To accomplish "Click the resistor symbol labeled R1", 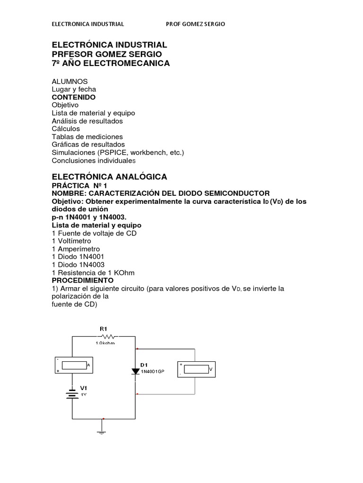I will (x=108, y=336).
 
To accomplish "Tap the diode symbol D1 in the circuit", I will (x=135, y=371).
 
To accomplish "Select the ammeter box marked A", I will (x=72, y=365).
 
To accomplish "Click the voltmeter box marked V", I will (x=195, y=369).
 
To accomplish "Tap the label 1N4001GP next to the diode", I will (x=152, y=372).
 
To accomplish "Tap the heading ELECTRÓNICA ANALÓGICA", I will (x=109, y=177).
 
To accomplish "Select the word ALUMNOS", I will (x=69, y=82).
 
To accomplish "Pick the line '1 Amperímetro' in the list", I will (x=76, y=249).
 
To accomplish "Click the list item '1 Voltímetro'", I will (x=71, y=241).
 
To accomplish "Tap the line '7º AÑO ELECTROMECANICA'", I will (x=110, y=63).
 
